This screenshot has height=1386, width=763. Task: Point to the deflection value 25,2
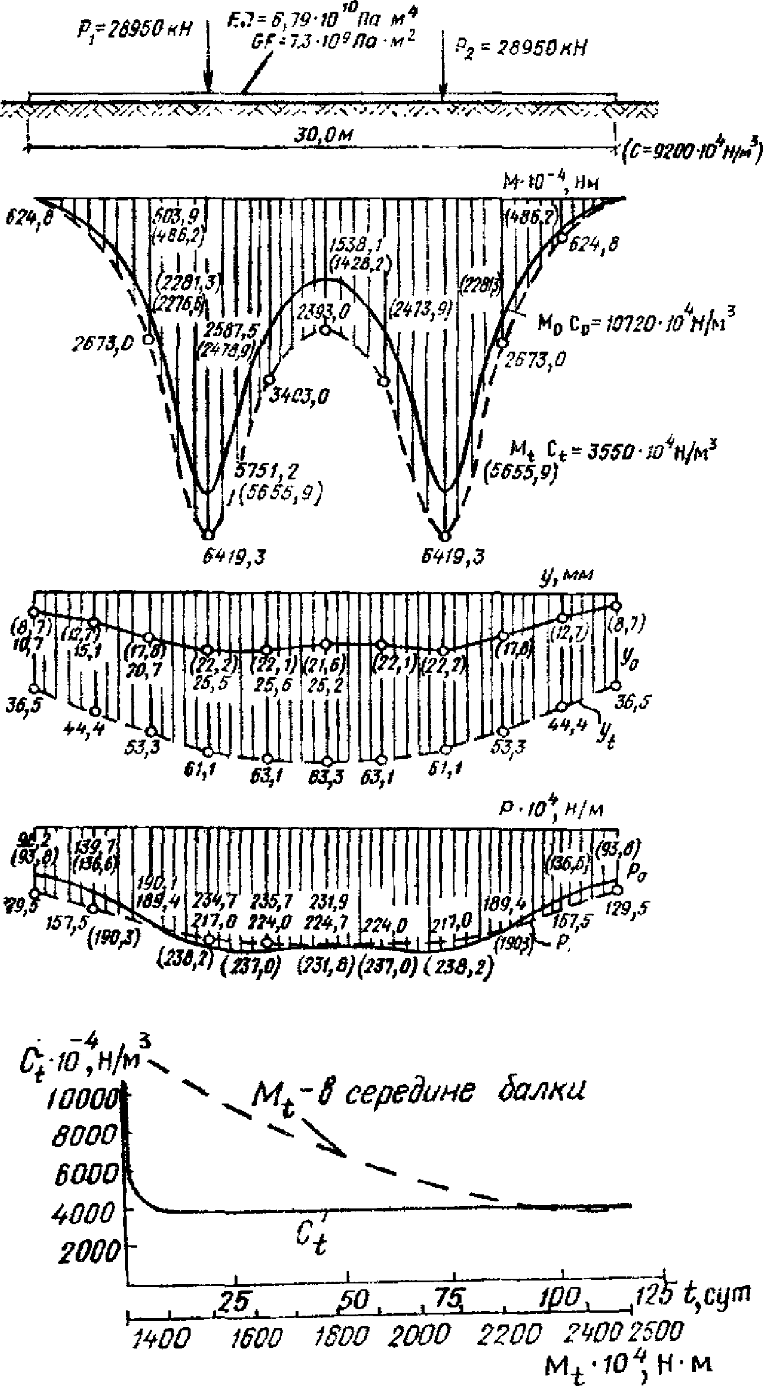click(x=324, y=685)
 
